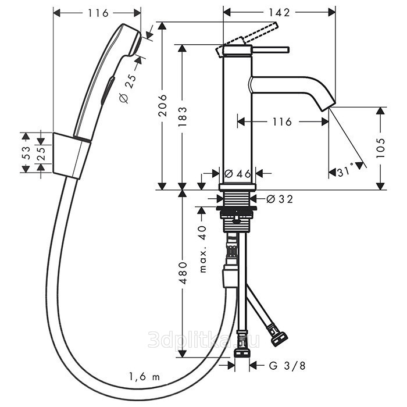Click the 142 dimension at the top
(279, 12)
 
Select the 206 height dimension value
(163, 105)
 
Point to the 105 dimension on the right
(380, 148)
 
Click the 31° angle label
(345, 172)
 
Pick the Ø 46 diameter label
(238, 173)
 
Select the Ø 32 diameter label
(280, 199)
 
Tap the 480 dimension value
(183, 273)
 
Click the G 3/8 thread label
(287, 366)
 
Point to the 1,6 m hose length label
(144, 376)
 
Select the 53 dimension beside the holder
(26, 153)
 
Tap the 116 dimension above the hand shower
(98, 13)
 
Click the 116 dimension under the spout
(282, 122)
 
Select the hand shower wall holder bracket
(72, 156)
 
